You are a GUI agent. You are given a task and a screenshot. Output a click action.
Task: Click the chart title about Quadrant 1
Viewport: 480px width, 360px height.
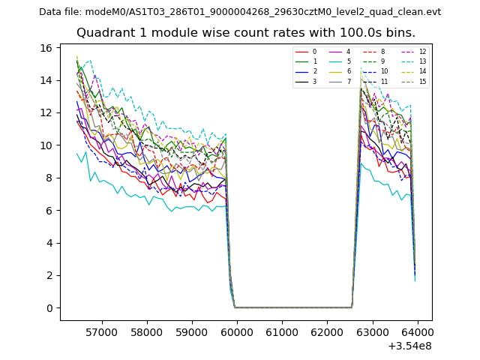point(256,33)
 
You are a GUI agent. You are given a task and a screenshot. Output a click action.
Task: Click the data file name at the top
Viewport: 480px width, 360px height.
point(240,12)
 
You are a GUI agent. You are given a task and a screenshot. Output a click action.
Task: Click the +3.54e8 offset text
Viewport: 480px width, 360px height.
point(409,346)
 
